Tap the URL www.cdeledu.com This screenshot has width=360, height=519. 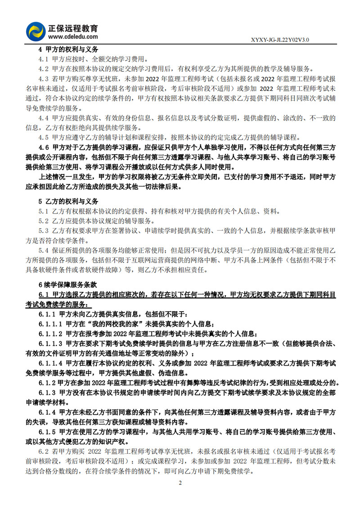72,37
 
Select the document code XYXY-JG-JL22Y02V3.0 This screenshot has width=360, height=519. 279,40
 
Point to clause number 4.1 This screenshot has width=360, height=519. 44,59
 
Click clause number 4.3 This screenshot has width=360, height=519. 44,79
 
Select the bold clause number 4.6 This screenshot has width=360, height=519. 44,147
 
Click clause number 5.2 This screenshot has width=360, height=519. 44,221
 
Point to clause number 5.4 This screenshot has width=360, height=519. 44,250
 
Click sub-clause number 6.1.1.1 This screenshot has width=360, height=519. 50,324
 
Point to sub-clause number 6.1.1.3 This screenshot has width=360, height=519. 50,344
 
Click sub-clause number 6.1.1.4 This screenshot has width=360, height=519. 50,363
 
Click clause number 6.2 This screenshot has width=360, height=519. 44,451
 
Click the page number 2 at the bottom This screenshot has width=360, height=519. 180,483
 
